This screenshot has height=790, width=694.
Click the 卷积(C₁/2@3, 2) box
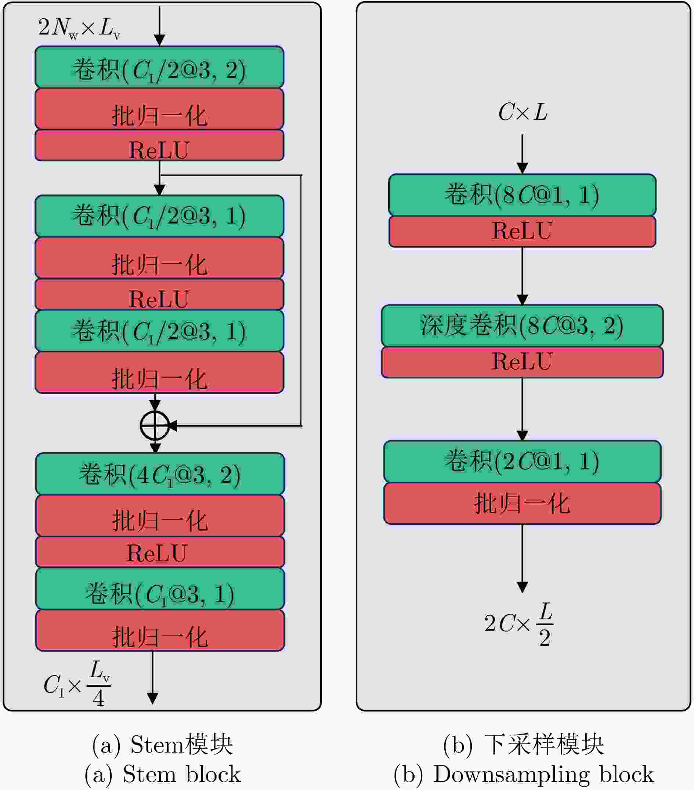(x=159, y=67)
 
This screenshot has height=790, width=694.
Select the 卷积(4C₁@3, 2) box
(x=160, y=474)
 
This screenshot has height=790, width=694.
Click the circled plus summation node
(x=155, y=425)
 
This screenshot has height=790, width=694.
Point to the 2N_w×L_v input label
(x=79, y=28)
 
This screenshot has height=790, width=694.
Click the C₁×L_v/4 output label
(x=77, y=684)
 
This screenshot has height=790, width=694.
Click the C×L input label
(x=523, y=112)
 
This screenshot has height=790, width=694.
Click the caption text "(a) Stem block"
(x=162, y=774)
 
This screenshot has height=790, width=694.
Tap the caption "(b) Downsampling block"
(x=524, y=774)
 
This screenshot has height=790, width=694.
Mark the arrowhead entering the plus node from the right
(x=173, y=425)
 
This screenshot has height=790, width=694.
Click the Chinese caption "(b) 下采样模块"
(x=524, y=744)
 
